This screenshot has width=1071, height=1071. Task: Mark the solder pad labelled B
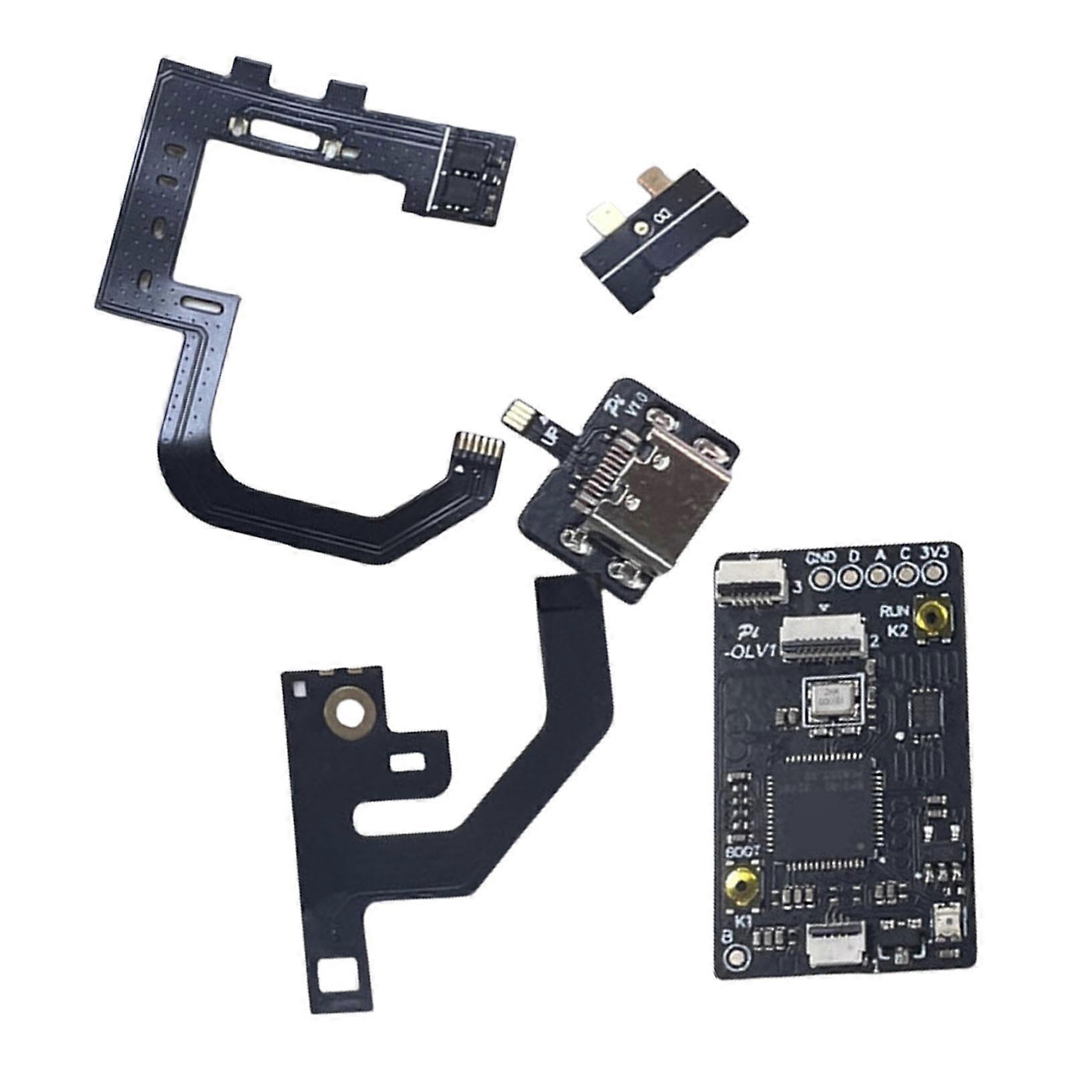(736, 955)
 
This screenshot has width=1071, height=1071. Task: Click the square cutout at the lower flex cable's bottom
(335, 977)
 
